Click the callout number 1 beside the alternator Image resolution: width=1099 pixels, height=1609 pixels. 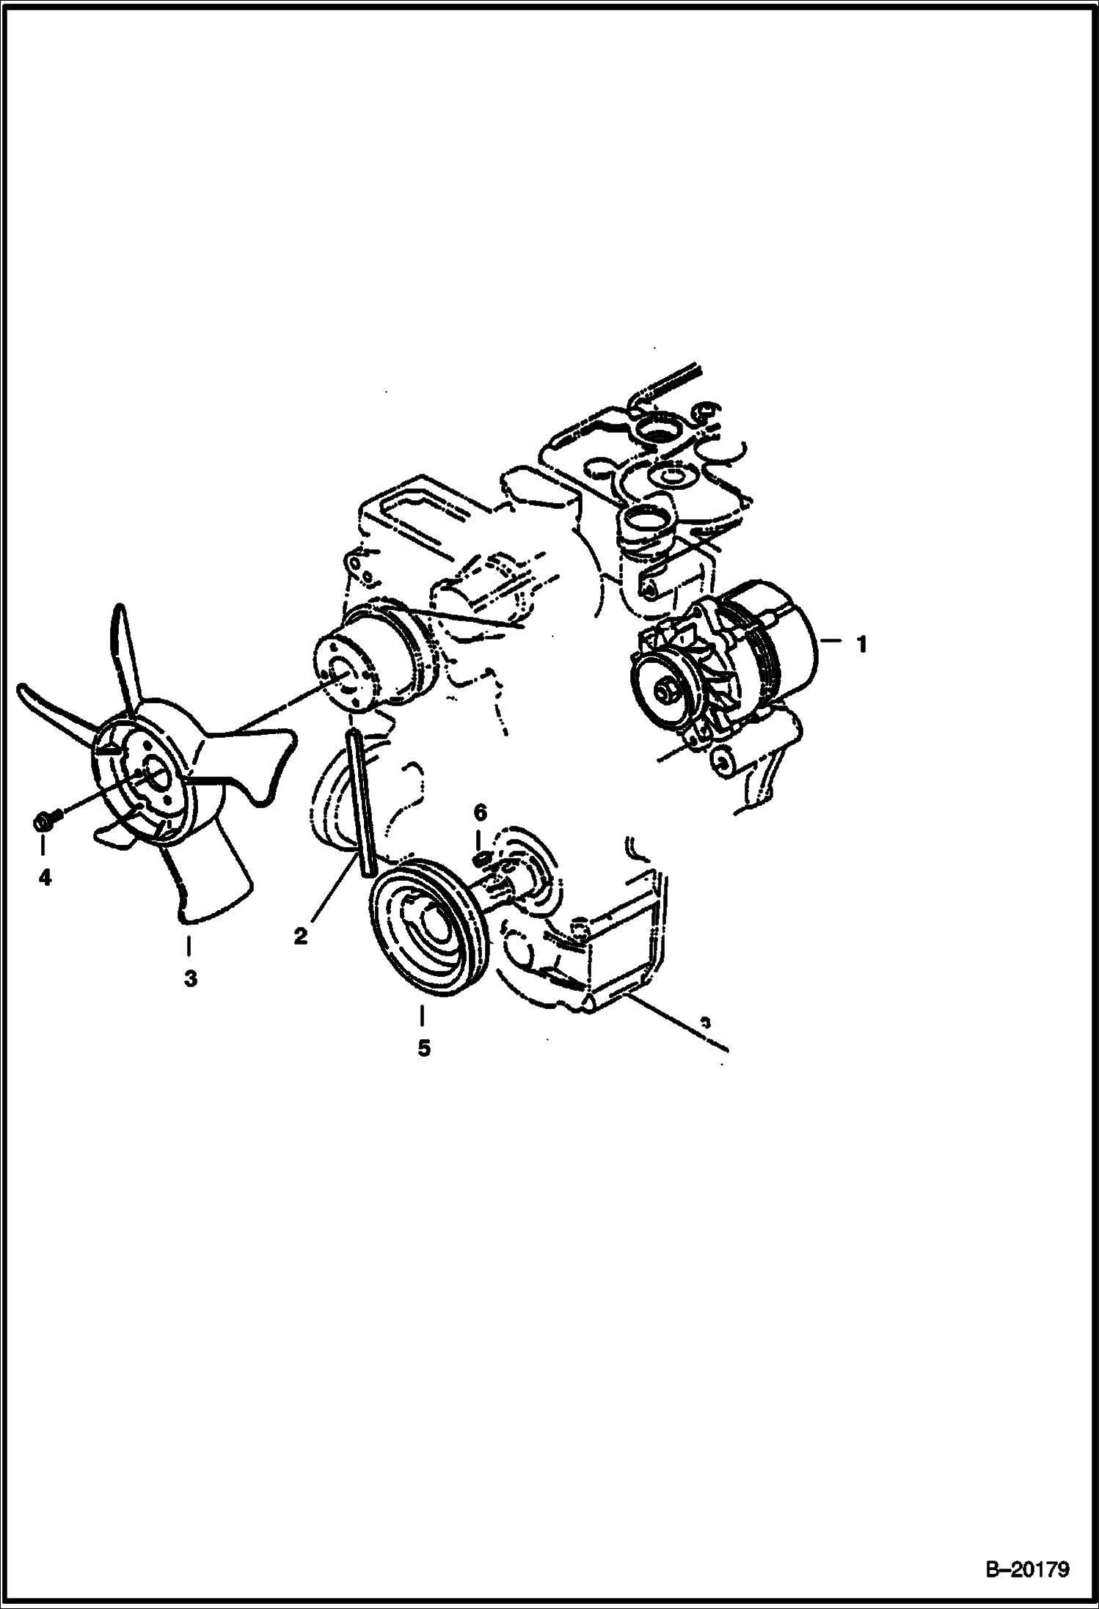861,645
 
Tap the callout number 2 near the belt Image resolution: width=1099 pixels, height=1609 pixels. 300,936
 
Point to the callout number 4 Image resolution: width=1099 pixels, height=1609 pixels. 45,876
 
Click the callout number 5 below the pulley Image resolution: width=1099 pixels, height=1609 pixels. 423,1049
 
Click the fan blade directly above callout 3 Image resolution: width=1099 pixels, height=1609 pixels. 209,876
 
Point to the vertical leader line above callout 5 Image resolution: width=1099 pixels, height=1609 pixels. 422,1017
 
